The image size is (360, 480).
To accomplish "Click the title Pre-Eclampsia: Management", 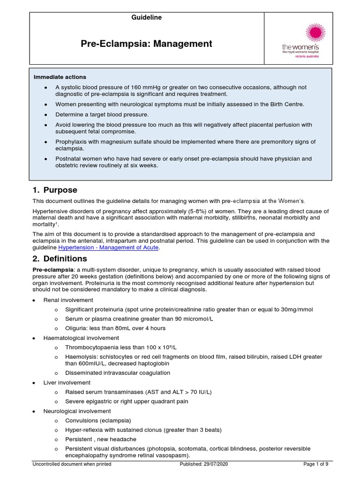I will (147, 44).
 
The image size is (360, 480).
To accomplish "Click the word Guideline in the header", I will (147, 17).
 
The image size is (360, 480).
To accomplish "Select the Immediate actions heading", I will (60, 77).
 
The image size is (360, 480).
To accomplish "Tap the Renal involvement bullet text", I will (68, 300).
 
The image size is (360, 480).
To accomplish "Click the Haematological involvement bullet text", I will (81, 337).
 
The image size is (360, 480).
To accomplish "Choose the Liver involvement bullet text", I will (67, 382).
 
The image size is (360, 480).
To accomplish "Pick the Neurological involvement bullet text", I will (77, 411).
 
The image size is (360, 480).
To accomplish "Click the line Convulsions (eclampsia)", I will (98, 420).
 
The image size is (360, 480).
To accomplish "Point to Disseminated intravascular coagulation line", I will (118, 373).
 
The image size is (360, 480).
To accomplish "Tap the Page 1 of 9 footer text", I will (316, 465).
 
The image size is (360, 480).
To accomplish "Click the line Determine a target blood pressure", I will (102, 114).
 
